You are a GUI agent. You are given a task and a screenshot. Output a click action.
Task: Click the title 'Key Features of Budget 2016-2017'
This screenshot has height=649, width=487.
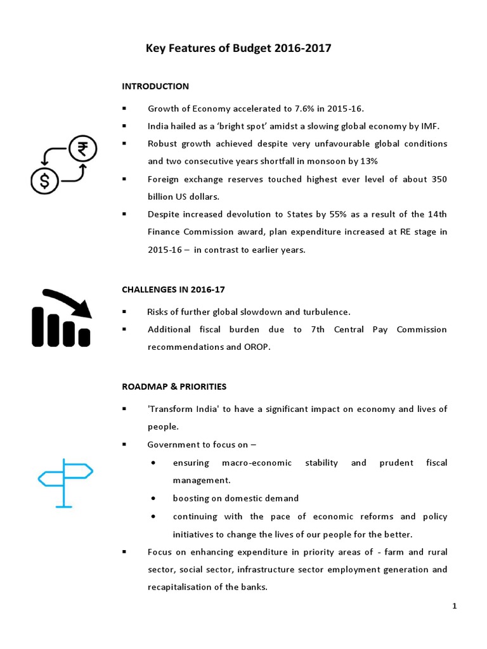[x=238, y=48]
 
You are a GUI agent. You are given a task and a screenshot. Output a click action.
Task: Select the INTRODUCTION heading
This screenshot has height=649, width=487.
[x=155, y=86]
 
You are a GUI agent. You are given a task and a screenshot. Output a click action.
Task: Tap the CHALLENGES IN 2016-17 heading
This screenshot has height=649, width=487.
[x=173, y=290]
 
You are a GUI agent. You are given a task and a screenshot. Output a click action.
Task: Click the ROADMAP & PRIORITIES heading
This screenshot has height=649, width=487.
[x=174, y=386]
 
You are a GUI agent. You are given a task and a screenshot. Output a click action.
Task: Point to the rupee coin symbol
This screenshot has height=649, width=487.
[x=82, y=150]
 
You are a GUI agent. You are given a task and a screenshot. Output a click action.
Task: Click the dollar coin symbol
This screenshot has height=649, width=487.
[x=44, y=181]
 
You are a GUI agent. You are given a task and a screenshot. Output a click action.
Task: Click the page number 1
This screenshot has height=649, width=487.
[x=455, y=607]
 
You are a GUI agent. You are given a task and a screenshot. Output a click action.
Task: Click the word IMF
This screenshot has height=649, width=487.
[x=430, y=126]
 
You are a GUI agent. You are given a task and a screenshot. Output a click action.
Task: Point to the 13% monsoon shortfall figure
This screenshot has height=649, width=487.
[x=354, y=161]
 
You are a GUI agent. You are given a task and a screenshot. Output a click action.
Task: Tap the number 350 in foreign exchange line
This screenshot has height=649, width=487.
[x=436, y=179]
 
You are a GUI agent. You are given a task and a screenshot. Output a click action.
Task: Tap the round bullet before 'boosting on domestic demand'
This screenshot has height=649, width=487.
[x=155, y=498]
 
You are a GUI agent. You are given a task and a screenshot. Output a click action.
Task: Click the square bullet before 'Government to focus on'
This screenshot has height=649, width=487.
[x=124, y=445]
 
